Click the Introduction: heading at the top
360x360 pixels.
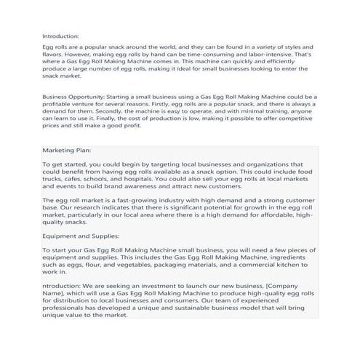pos(60,35)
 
